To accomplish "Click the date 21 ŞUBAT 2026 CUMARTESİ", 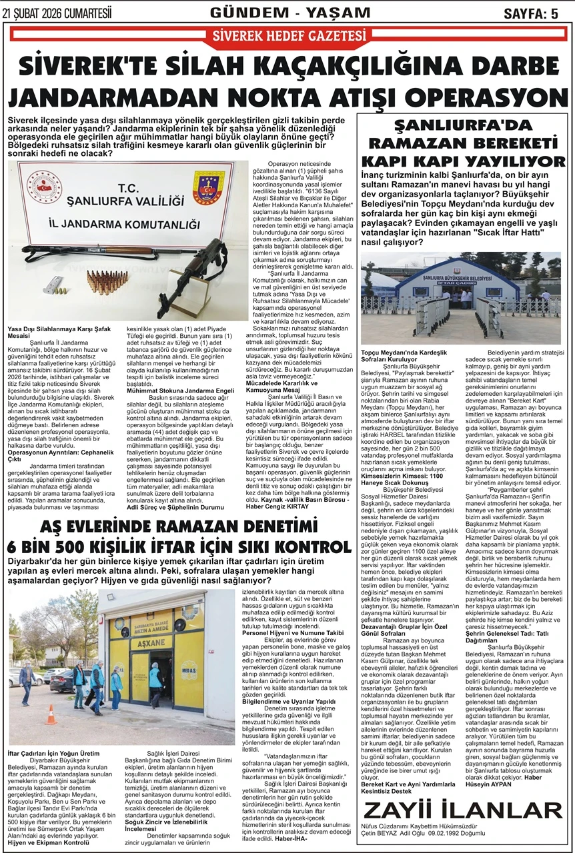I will [x=57, y=13].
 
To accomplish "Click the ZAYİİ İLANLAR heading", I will [x=463, y=810].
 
